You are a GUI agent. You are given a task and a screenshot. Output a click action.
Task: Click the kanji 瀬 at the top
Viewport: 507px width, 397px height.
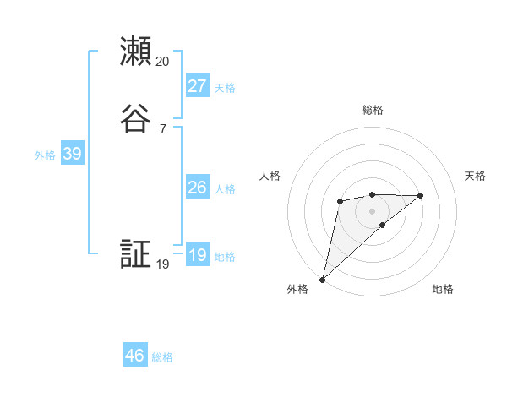[135, 52]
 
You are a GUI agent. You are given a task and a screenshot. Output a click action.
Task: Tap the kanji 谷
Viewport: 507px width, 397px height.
[135, 119]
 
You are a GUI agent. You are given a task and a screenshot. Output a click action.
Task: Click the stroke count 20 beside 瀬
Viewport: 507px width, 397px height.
[163, 61]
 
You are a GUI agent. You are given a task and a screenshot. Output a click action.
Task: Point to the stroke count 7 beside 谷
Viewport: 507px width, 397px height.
[163, 128]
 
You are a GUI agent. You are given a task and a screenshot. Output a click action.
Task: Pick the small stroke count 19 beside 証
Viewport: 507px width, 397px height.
[163, 264]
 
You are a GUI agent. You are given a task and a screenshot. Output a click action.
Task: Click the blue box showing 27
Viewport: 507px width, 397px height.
[197, 85]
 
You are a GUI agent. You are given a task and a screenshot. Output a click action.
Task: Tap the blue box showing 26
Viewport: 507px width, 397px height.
[197, 188]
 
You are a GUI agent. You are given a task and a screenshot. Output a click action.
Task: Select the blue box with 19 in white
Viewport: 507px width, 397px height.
[197, 255]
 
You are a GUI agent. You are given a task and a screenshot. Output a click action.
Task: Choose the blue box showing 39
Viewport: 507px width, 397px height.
[72, 154]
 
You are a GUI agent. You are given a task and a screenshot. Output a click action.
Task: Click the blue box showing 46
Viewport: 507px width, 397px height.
[135, 356]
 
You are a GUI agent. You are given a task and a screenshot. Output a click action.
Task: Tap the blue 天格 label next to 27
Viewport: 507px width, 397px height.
[225, 88]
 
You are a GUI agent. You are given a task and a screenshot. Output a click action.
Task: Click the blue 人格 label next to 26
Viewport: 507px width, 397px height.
[225, 189]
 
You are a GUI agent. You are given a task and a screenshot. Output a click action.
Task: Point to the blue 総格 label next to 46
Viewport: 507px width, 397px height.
[162, 358]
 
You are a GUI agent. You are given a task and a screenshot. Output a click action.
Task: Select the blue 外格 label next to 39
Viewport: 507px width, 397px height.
[45, 155]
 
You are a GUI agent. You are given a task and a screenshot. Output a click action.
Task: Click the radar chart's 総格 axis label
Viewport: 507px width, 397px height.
[372, 110]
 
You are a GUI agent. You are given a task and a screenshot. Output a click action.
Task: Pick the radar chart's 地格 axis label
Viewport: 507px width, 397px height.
[443, 290]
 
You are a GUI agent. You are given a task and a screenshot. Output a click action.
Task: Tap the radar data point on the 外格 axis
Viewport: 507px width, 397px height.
[322, 279]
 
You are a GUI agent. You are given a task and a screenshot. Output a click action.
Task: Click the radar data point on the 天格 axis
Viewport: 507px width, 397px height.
[421, 195]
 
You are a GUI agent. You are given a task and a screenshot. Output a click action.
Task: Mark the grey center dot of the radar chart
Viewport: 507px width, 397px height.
[372, 210]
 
